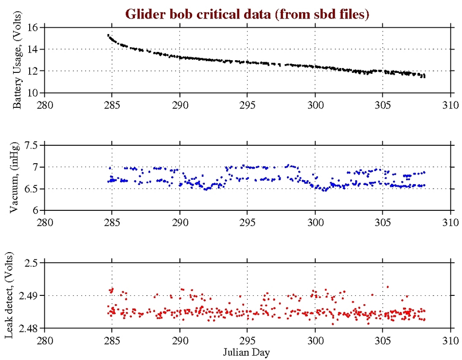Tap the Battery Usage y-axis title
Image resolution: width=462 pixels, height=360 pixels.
(x=18, y=60)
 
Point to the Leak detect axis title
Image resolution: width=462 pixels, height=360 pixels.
(x=18, y=295)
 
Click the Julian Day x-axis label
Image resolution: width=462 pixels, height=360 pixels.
(x=247, y=351)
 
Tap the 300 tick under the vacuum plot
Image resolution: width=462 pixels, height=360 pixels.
(x=315, y=223)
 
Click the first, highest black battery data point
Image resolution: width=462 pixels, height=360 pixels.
(x=108, y=35)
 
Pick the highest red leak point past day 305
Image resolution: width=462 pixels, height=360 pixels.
(x=388, y=287)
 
